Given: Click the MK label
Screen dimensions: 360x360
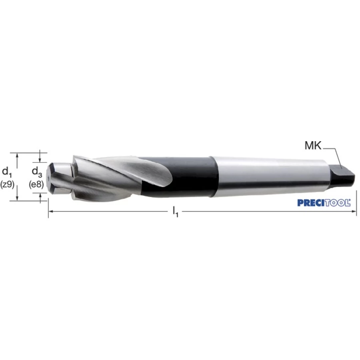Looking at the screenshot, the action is (x=313, y=146).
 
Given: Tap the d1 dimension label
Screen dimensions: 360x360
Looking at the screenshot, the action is (x=7, y=172).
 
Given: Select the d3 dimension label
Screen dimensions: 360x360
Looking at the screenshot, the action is (x=37, y=172).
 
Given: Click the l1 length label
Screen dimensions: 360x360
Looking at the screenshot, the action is (x=176, y=212).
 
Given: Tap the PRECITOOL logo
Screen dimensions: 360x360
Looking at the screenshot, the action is (x=324, y=203).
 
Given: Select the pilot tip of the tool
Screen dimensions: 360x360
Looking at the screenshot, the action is (x=59, y=177).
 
